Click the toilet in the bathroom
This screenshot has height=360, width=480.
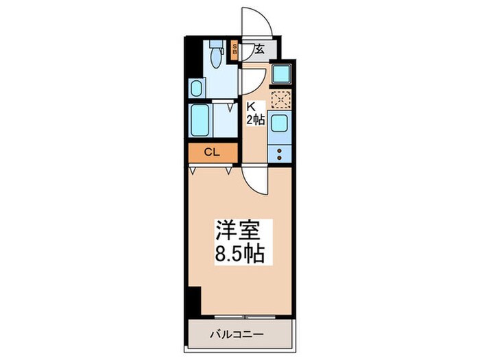[215, 55]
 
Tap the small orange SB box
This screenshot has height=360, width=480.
[234, 49]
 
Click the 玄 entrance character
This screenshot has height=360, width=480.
[261, 49]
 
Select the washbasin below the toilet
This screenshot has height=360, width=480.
[196, 88]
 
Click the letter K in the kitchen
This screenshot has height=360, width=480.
[252, 108]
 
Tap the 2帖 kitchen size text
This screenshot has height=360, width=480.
[255, 120]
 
